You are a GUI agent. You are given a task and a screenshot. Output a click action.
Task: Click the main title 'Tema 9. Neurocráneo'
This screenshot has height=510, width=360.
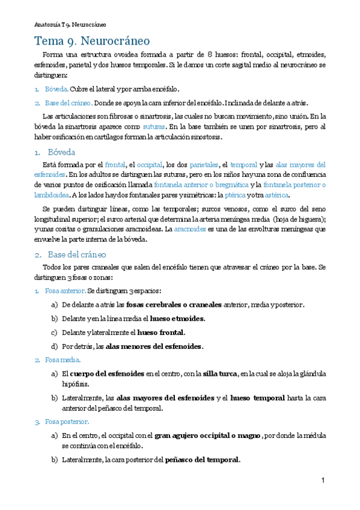coord(92,41)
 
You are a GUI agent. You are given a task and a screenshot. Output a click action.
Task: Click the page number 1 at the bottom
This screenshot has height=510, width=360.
coord(323,480)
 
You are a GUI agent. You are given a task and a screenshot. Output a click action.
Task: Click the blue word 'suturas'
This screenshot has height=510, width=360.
coord(154,127)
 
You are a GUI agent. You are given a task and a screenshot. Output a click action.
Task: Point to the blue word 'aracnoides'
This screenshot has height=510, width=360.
coord(190,229)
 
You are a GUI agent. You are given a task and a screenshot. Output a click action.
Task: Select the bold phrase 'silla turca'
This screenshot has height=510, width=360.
coord(219,373)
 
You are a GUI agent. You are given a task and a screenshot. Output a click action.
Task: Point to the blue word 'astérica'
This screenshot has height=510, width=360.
coord(276,195)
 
